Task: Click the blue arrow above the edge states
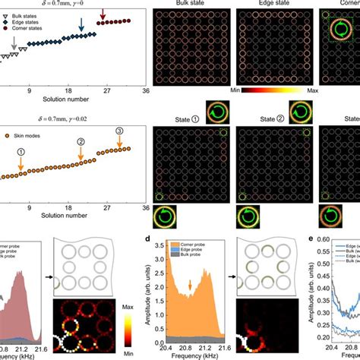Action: click(x=82, y=30)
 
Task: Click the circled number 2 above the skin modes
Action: click(x=81, y=141)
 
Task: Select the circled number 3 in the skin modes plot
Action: click(x=118, y=131)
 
